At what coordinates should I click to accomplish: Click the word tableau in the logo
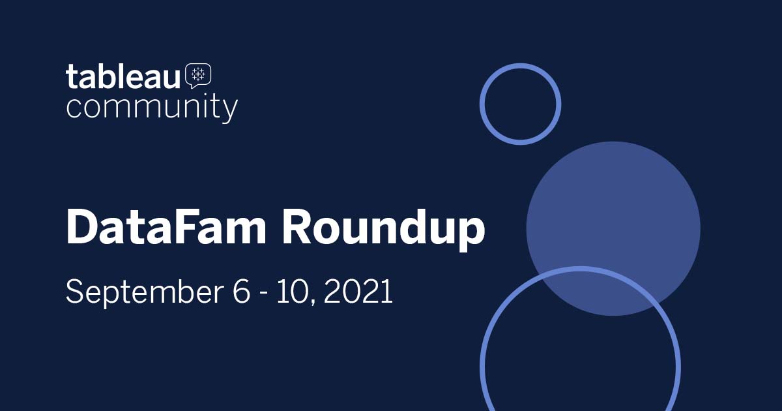[x=123, y=76]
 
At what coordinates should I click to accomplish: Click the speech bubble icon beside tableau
[x=198, y=76]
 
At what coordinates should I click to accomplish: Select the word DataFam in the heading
[x=166, y=226]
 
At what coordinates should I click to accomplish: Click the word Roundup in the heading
[x=384, y=229]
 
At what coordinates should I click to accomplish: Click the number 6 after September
[x=242, y=292]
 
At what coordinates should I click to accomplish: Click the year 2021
[x=358, y=292]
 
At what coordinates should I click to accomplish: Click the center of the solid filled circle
[x=613, y=228]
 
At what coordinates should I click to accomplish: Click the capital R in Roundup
[x=297, y=226]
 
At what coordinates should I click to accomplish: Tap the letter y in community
[x=230, y=111]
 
